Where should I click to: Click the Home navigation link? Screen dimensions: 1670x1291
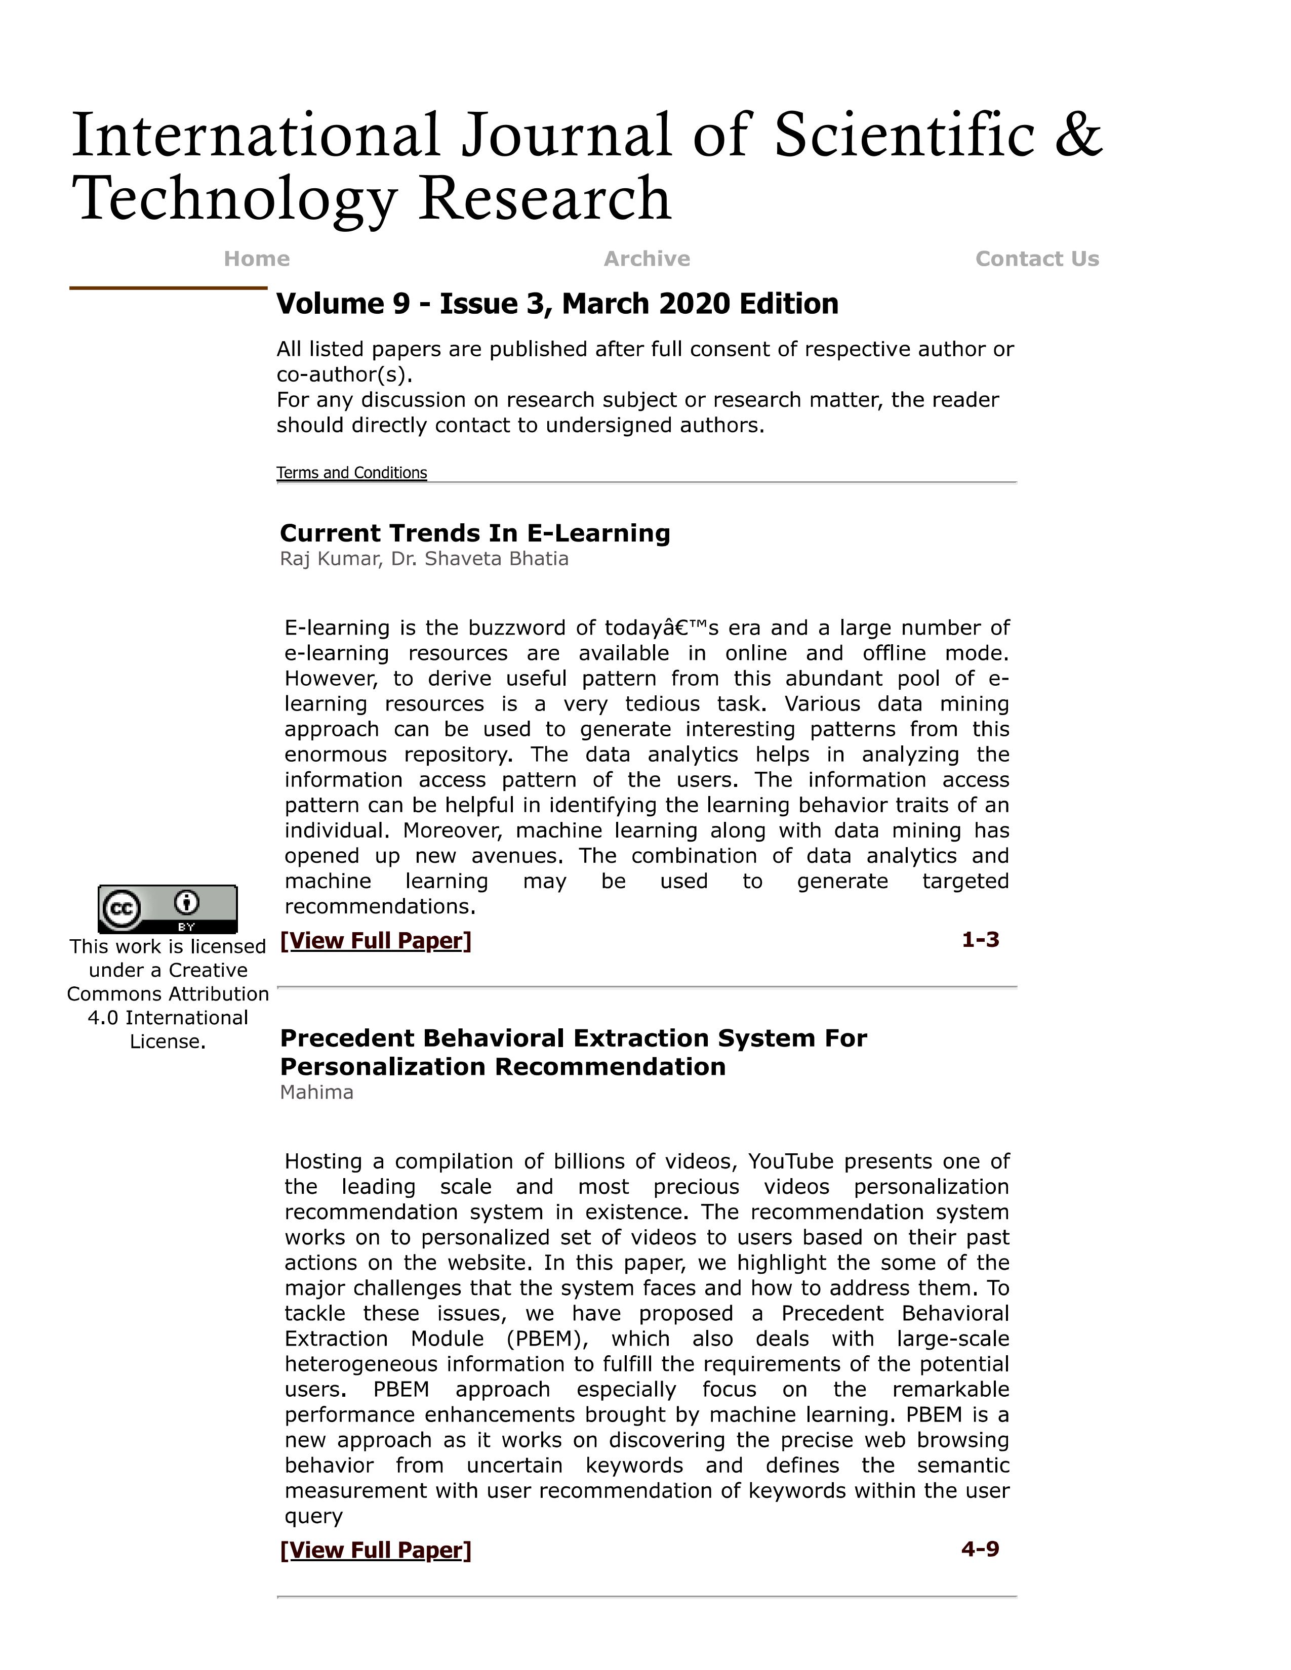pyautogui.click(x=256, y=259)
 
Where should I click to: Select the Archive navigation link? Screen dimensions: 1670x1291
pyautogui.click(x=647, y=259)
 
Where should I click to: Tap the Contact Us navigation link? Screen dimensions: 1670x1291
pyautogui.click(x=1036, y=259)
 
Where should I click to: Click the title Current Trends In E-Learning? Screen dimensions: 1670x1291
pyautogui.click(x=474, y=533)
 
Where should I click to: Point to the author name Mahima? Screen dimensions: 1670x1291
pyautogui.click(x=316, y=1093)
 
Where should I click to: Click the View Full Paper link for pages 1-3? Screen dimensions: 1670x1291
pyautogui.click(x=376, y=941)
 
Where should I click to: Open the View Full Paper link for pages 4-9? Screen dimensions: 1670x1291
pyautogui.click(x=376, y=1550)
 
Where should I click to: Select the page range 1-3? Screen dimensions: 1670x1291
pyautogui.click(x=980, y=940)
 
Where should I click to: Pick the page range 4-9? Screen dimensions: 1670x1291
pyautogui.click(x=980, y=1549)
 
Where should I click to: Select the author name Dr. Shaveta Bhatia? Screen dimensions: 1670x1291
pyautogui.click(x=479, y=559)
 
